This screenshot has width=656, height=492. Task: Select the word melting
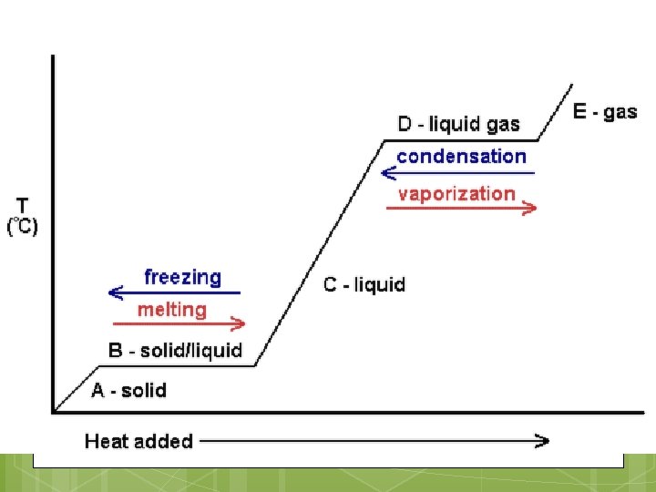click(x=172, y=310)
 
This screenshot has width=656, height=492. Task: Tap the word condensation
click(x=461, y=156)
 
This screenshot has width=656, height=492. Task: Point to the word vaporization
click(x=456, y=193)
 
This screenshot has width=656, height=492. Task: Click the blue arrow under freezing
click(x=173, y=292)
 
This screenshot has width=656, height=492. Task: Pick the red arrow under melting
click(x=179, y=323)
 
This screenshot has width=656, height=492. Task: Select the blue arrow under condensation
click(x=458, y=172)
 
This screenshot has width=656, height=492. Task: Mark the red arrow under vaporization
click(x=461, y=209)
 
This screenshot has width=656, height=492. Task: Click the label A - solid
click(x=128, y=390)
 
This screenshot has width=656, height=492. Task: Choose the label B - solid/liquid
click(x=175, y=350)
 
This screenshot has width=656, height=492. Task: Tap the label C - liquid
click(x=364, y=284)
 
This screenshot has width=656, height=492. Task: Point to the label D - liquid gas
click(x=459, y=124)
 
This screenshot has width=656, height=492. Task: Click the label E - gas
click(x=605, y=112)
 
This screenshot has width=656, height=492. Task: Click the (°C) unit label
click(x=23, y=226)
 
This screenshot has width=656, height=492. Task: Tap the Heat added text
click(x=138, y=441)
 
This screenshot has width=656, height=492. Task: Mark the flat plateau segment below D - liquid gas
click(x=460, y=140)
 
